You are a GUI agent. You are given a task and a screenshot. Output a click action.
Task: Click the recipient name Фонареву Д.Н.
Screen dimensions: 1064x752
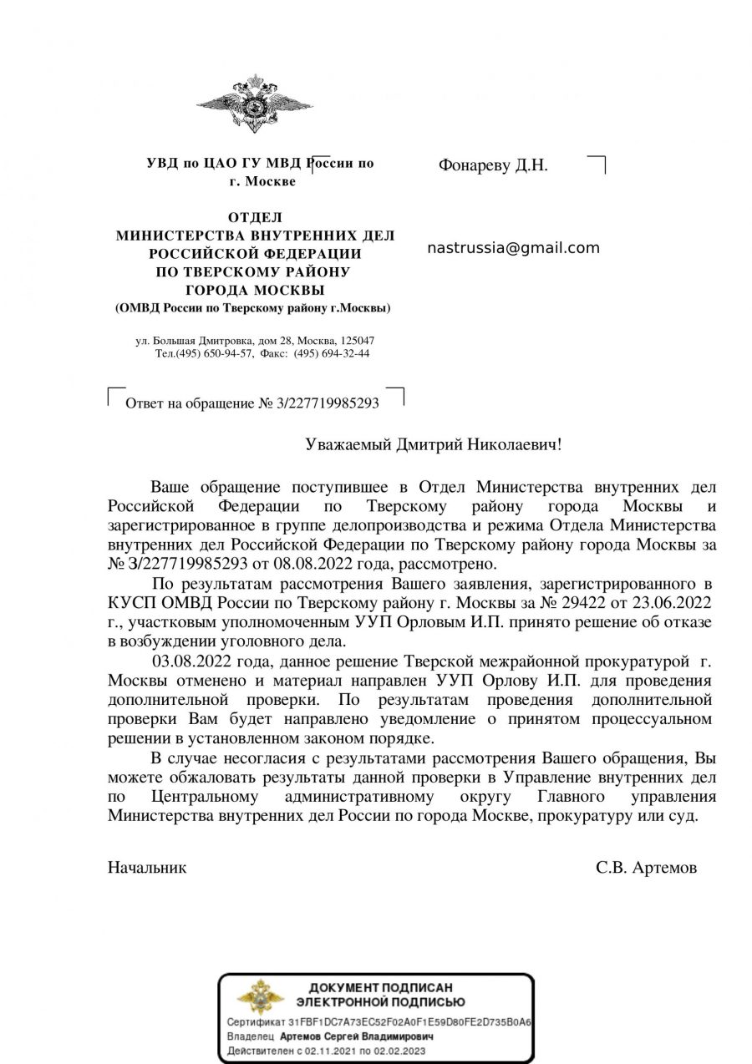click(493, 165)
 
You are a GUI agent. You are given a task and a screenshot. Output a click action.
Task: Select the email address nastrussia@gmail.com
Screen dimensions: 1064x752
click(513, 248)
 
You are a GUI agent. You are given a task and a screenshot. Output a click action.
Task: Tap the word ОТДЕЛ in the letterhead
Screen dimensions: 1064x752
click(255, 218)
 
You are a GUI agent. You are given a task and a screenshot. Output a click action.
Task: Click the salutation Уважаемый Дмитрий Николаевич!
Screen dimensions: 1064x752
click(434, 444)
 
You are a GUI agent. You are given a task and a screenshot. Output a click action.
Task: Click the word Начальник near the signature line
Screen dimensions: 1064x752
click(147, 868)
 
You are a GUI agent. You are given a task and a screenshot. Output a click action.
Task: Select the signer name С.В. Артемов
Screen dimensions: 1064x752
click(646, 868)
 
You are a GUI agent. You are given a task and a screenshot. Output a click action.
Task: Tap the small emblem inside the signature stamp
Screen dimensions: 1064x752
click(260, 996)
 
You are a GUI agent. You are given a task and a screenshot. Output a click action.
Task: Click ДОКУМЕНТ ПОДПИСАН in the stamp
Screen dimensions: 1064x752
click(380, 988)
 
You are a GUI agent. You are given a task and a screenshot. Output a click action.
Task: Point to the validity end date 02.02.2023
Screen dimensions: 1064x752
click(397, 1051)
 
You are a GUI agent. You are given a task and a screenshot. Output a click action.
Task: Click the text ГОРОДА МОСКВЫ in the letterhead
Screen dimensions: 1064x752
click(255, 290)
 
